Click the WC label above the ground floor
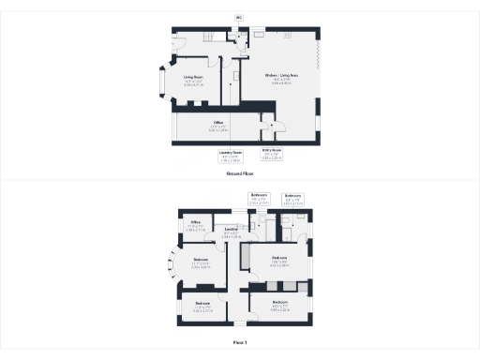pyautogui.click(x=238, y=17)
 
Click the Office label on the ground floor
pyautogui.click(x=217, y=123)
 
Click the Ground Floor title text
pyautogui.click(x=240, y=174)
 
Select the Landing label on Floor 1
pyautogui.click(x=232, y=229)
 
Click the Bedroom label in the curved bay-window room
pyautogui.click(x=202, y=259)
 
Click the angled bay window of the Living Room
pyautogui.click(x=160, y=81)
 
